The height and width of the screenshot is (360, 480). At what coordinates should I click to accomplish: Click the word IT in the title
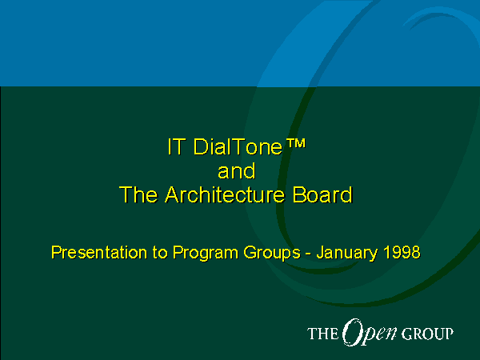[176, 146]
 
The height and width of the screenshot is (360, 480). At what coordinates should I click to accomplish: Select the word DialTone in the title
[238, 146]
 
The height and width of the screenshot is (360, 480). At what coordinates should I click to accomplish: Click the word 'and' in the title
[236, 171]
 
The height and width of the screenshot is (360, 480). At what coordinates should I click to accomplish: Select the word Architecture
[225, 194]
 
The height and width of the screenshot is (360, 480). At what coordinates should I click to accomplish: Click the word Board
[322, 194]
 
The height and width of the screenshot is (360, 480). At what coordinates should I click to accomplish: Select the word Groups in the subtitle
[272, 254]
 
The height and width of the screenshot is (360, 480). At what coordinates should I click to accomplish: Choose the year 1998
[402, 253]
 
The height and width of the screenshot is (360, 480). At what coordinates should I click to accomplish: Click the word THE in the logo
[322, 334]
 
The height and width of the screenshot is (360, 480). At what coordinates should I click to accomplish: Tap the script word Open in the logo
[370, 333]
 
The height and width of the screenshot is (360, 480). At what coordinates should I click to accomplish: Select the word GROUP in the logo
[427, 334]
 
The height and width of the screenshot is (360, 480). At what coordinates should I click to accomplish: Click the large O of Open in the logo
[352, 331]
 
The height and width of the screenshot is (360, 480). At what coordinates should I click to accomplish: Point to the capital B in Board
[299, 194]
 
